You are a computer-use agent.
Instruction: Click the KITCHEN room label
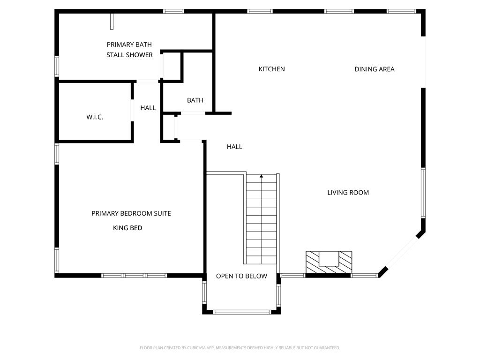pos(271,69)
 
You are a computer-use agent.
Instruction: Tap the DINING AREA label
pos(375,69)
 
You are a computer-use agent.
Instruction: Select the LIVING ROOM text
pos(348,193)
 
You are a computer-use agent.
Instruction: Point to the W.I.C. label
pos(95,117)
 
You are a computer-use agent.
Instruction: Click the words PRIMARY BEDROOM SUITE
pos(131,213)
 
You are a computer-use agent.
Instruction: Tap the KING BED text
pos(127,228)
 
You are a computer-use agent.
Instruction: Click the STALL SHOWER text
pos(129,55)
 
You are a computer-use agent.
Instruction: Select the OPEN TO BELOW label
pos(241,276)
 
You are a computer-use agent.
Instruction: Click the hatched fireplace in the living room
pos(329,262)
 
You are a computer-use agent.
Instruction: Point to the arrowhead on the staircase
pos(262,176)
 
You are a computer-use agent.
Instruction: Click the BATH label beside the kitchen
pos(195,100)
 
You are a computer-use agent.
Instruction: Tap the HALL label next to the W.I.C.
pos(148,108)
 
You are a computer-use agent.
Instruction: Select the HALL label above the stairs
pos(234,147)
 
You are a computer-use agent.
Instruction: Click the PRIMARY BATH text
pos(129,45)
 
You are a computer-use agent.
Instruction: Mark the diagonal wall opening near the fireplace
pos(402,253)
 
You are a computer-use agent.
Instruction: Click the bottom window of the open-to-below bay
pos(242,312)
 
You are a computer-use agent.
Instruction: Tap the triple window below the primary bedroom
pos(134,276)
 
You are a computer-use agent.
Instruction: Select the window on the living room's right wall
pos(423,193)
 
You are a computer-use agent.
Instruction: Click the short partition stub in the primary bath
pos(112,22)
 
